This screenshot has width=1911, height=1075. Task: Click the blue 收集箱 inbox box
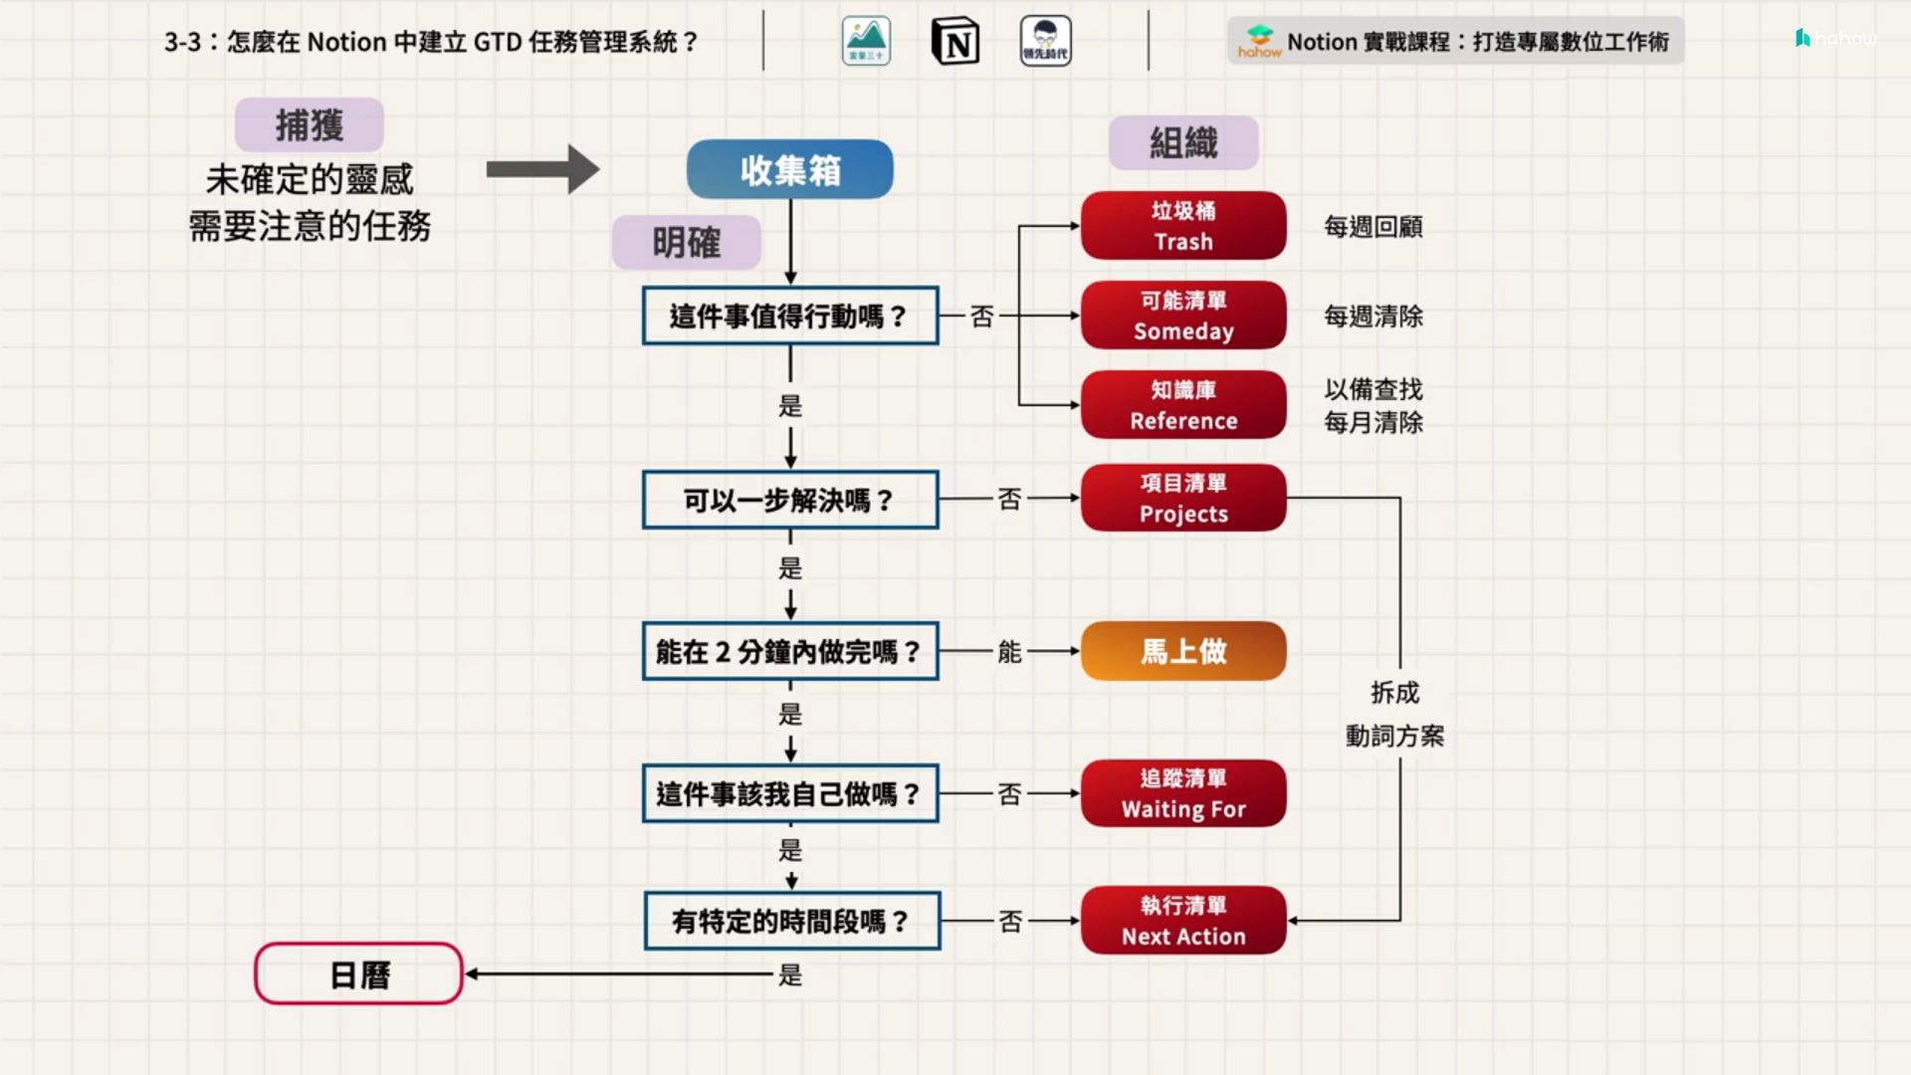click(x=789, y=169)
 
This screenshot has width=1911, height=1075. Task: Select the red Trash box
click(x=1183, y=226)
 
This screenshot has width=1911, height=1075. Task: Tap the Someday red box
click(x=1183, y=316)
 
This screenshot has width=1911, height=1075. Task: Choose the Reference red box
click(x=1183, y=405)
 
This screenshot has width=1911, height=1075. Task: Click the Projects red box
click(x=1183, y=498)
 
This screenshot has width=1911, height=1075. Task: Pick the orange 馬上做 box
click(x=1183, y=651)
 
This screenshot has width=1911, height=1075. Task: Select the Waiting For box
click(x=1183, y=793)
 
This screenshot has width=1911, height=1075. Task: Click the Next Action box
click(x=1183, y=921)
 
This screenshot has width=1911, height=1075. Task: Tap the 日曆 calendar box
click(x=359, y=974)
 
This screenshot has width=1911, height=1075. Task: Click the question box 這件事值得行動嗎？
click(x=790, y=316)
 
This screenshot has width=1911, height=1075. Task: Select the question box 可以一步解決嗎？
click(x=790, y=500)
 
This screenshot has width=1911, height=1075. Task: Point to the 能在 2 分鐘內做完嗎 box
click(x=790, y=652)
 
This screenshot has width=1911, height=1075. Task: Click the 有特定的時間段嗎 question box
click(x=792, y=921)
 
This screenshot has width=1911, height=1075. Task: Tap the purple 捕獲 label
click(x=310, y=125)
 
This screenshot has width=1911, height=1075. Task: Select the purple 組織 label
click(x=1183, y=143)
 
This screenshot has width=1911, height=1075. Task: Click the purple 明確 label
click(x=687, y=243)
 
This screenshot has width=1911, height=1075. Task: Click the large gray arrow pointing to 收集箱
click(x=542, y=169)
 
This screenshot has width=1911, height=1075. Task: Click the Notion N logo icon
click(x=955, y=42)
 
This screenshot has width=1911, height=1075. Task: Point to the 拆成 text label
click(x=1394, y=693)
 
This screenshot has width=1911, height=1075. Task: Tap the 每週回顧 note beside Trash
click(x=1374, y=227)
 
